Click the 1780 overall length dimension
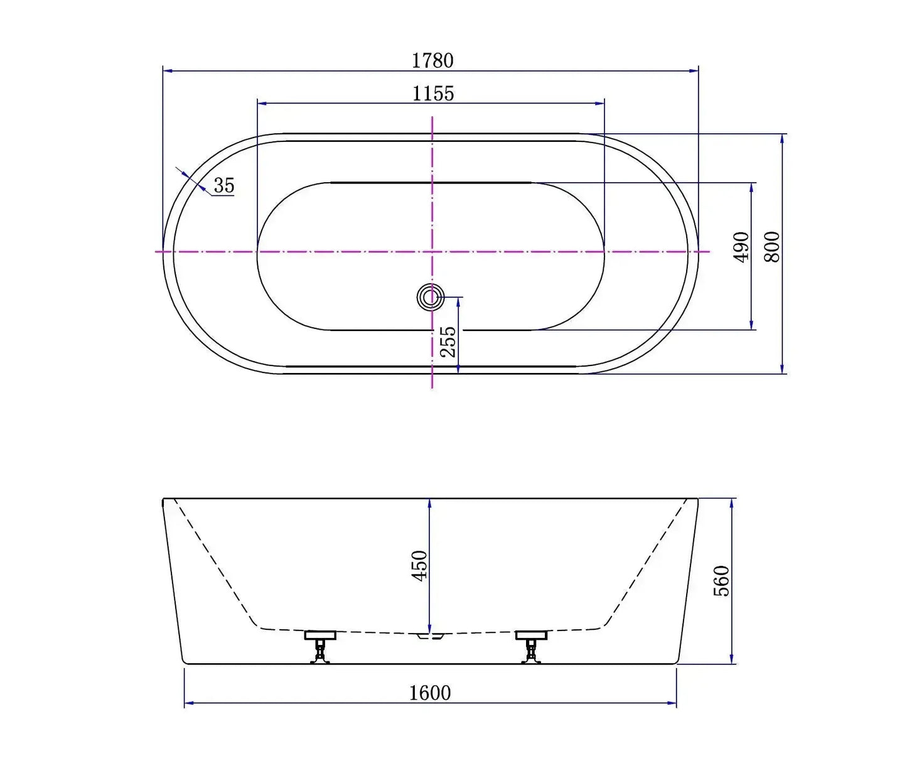432,61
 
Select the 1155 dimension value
432,94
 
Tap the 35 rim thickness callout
223,185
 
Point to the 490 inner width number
741,247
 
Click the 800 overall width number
772,247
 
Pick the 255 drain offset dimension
448,341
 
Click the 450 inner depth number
419,565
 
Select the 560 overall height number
722,580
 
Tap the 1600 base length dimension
430,693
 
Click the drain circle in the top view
431,296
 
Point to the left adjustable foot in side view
321,646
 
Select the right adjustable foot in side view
531,646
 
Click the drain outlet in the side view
431,636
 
